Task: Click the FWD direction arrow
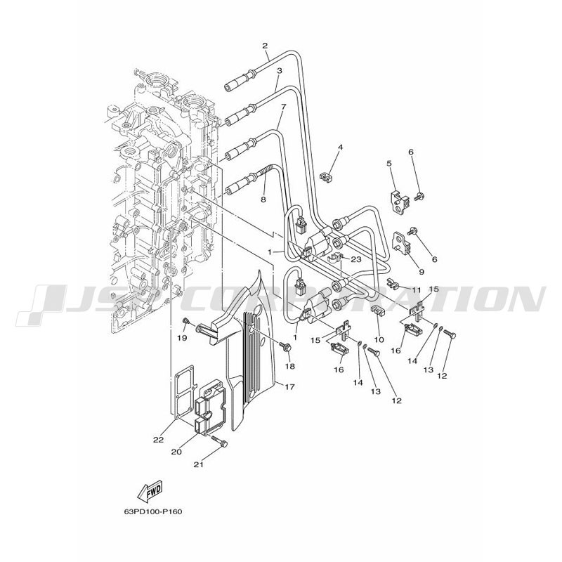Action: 150,490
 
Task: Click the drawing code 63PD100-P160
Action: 153,511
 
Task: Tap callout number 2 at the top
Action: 265,46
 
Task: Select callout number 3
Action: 279,71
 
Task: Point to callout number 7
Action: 284,107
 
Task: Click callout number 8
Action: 263,200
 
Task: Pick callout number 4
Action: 340,148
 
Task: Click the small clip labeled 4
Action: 325,176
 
